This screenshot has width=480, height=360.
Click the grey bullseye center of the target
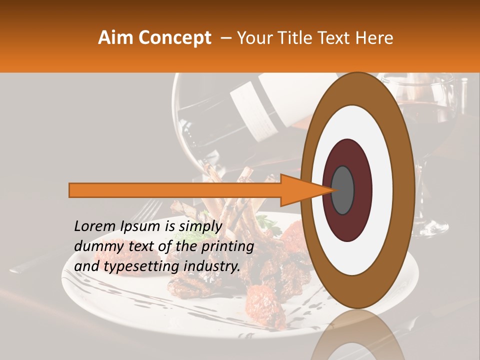point(343,190)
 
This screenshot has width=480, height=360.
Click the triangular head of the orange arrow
point(300,190)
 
